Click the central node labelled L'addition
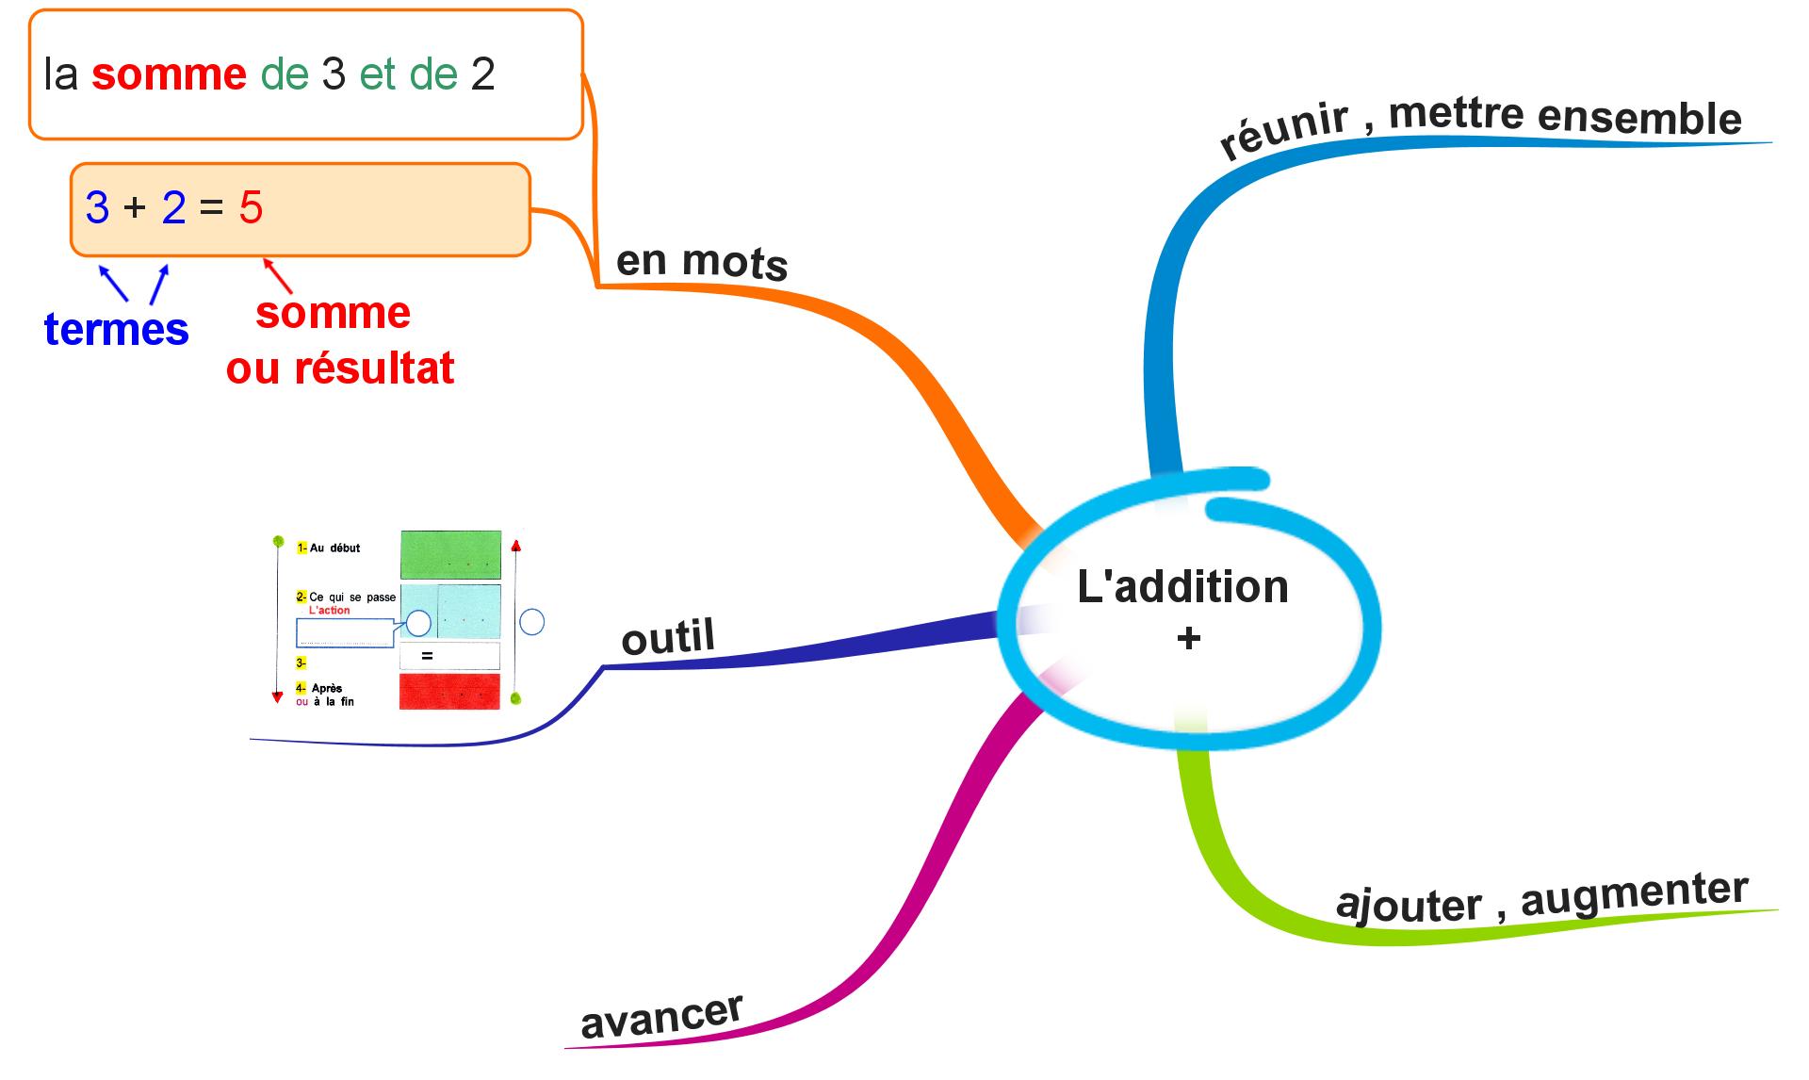coord(1182,587)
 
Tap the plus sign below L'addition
coord(1189,639)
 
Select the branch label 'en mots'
coord(701,261)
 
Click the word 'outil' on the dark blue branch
coord(668,638)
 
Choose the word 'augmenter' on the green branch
coord(1635,893)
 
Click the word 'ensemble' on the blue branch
coord(1639,119)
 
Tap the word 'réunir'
coord(1282,133)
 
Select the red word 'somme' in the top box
coord(169,74)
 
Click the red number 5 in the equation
coord(251,207)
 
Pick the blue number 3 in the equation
coord(97,207)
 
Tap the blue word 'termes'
coord(117,330)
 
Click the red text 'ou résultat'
coord(340,368)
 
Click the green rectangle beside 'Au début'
coord(450,555)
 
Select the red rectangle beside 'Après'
coord(449,691)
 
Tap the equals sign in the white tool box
coord(427,655)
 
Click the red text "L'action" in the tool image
coord(329,611)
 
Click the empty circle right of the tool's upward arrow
coord(532,622)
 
